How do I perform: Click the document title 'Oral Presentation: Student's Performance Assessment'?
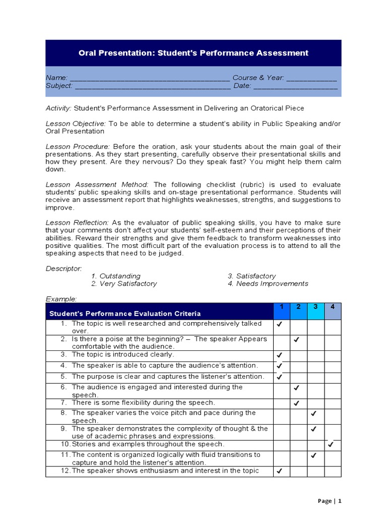click(x=193, y=53)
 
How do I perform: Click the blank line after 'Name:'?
click(x=149, y=78)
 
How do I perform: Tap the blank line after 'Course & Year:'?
click(x=312, y=78)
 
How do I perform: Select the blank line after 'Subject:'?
click(x=153, y=86)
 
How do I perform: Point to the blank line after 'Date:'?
click(x=295, y=86)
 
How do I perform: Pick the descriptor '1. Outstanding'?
click(x=116, y=276)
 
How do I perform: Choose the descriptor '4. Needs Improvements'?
click(x=268, y=284)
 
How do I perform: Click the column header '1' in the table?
click(x=282, y=307)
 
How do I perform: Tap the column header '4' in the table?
click(x=333, y=307)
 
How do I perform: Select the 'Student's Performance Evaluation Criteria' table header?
click(x=125, y=314)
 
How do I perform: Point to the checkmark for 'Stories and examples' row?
click(x=331, y=445)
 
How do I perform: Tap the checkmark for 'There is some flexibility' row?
click(x=297, y=403)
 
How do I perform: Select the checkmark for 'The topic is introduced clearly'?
click(x=280, y=355)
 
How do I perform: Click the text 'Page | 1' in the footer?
click(x=330, y=501)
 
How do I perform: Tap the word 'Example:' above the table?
click(x=61, y=299)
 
